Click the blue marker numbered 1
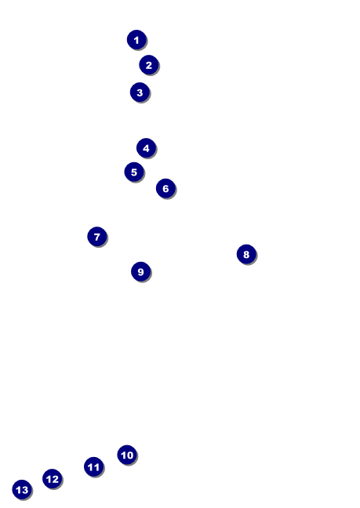pos(136,40)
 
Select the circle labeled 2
pos(149,65)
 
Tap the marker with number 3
pos(140,93)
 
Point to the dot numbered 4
pos(146,148)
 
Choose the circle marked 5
pos(134,172)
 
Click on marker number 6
pos(165,188)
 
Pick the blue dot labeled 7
pos(97,237)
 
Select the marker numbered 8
pos(246,254)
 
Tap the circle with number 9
pos(140,271)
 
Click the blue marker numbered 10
pos(127,455)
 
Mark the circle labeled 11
pos(93,466)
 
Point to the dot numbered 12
pos(53,478)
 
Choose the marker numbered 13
pos(22,489)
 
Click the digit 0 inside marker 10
pos(130,455)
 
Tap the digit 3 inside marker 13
pos(25,490)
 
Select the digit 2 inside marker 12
pos(55,479)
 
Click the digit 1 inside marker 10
pos(123,455)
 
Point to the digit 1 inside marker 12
pos(49,479)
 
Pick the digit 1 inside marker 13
pos(19,490)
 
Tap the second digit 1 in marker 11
pos(97,467)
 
